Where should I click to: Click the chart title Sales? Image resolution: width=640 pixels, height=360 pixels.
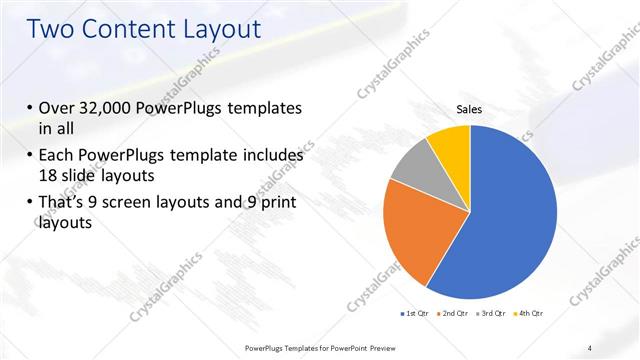coord(470,110)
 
